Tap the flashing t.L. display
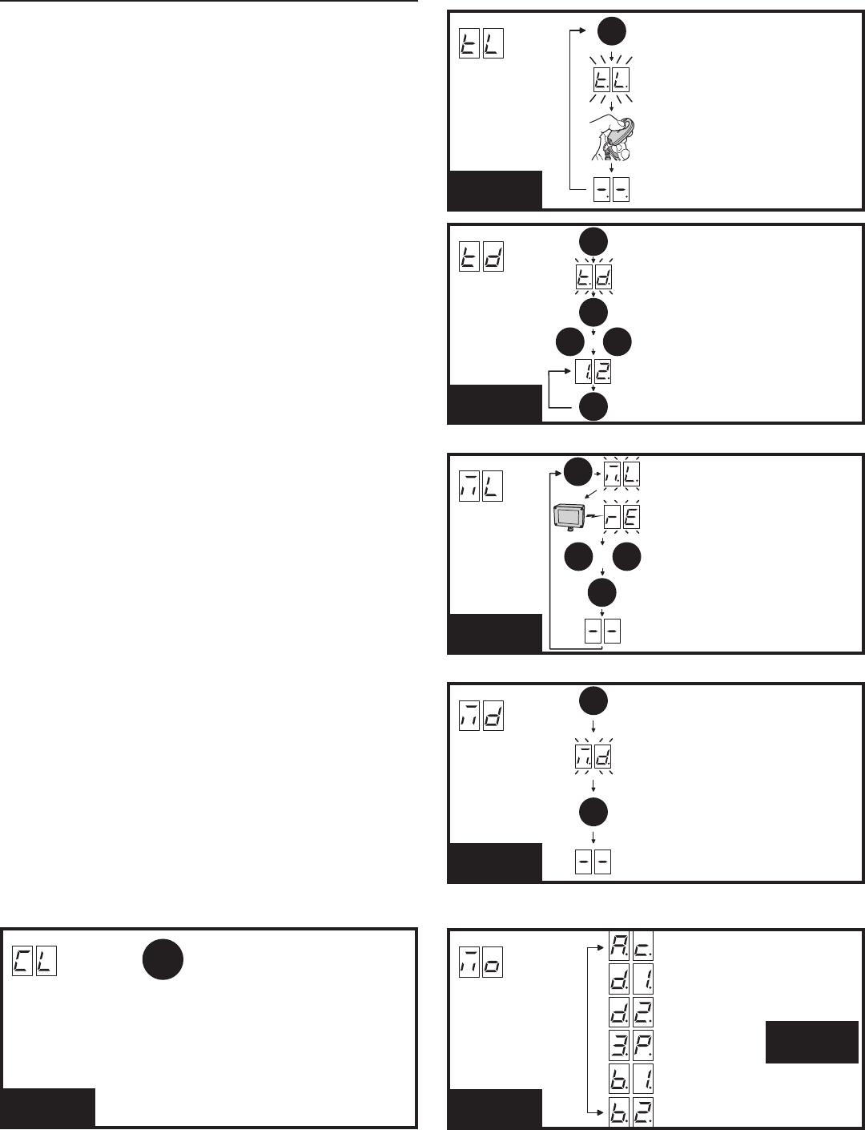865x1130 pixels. click(x=610, y=80)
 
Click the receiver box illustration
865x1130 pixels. click(x=570, y=519)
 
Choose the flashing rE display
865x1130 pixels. click(x=622, y=519)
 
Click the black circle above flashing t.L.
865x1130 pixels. click(x=610, y=31)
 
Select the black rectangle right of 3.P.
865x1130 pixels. click(x=811, y=1042)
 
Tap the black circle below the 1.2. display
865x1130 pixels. click(x=593, y=406)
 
